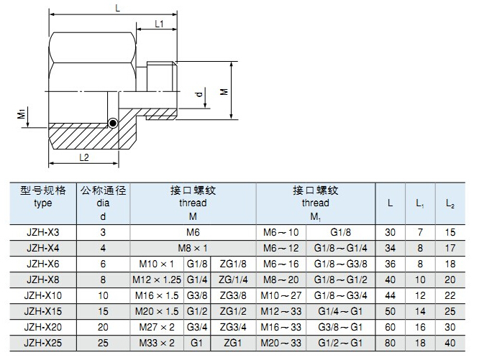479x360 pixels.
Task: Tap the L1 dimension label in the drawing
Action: tap(160, 24)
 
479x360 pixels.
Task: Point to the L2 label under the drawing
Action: tap(83, 157)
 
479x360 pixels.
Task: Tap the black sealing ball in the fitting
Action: tap(113, 123)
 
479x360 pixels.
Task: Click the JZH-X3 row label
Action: tap(43, 232)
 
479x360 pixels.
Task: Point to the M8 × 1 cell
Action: tap(193, 247)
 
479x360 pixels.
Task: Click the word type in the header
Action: tap(43, 203)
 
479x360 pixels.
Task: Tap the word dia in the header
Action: tap(104, 203)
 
